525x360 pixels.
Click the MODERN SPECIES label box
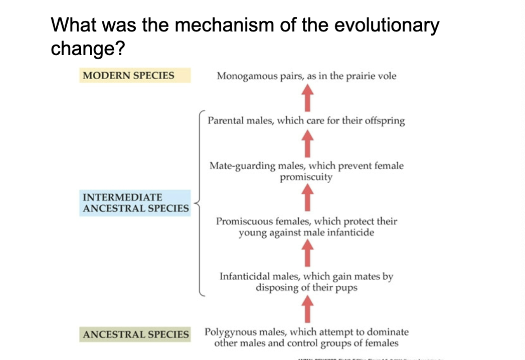[134, 76]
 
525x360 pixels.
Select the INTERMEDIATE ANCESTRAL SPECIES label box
[135, 203]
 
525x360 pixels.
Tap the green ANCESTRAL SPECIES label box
[135, 335]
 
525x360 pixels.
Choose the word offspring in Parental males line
[385, 121]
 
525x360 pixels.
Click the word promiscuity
[306, 178]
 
